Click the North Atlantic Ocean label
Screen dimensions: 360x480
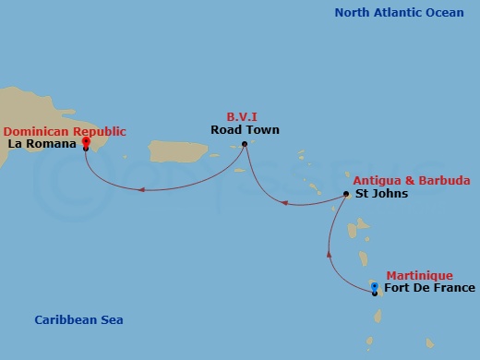click(399, 12)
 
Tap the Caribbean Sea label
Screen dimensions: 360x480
click(78, 319)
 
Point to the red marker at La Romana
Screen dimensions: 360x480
click(86, 141)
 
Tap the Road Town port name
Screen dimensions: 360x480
click(245, 130)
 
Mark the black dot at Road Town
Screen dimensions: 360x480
click(245, 143)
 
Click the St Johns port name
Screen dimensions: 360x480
click(381, 194)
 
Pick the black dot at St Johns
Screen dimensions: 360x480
click(346, 194)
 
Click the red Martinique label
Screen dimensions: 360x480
click(419, 275)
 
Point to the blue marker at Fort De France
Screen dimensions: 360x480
click(374, 287)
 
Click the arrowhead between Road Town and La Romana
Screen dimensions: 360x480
click(141, 190)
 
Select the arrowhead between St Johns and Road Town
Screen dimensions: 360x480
click(284, 202)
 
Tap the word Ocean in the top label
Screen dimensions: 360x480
click(444, 12)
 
